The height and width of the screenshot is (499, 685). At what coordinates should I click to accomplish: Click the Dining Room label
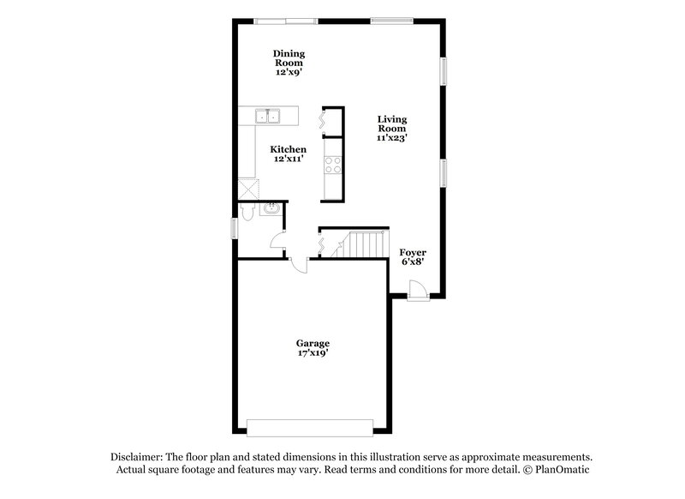(x=289, y=58)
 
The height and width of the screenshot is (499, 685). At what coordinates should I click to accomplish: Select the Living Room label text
(x=393, y=127)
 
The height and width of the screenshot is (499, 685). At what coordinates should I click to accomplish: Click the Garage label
(x=313, y=342)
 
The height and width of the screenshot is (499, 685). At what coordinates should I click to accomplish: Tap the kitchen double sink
(x=269, y=117)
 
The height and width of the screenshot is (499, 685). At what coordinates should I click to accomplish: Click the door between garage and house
(x=299, y=266)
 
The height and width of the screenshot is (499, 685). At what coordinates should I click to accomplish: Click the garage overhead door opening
(x=310, y=426)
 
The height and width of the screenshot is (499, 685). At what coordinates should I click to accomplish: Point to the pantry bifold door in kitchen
(x=323, y=120)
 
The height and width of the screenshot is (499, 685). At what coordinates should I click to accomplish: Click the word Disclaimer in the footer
(x=137, y=458)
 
